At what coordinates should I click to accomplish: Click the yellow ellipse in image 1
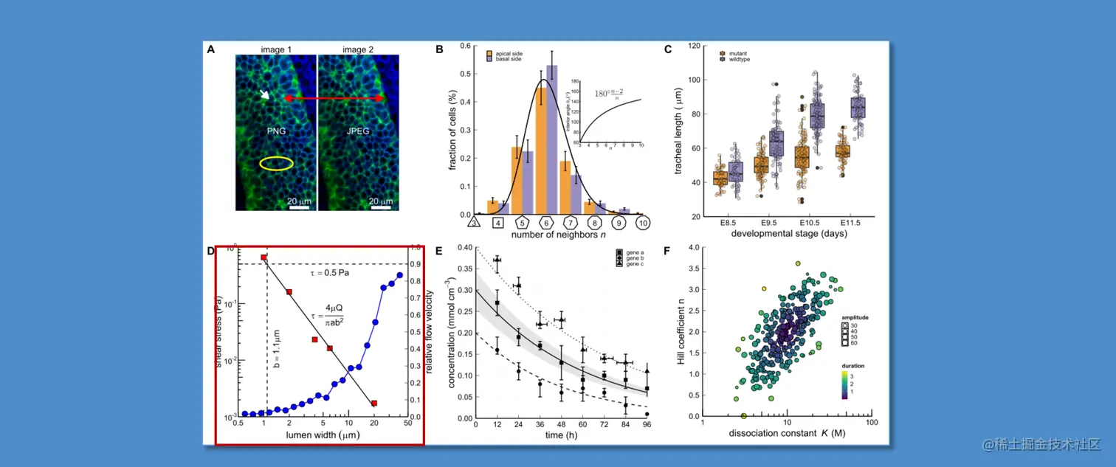[x=275, y=164]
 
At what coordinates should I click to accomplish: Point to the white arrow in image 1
[x=263, y=94]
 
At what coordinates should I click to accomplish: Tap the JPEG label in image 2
[x=358, y=133]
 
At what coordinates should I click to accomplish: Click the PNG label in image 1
[x=276, y=133]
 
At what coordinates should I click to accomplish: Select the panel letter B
[x=439, y=49]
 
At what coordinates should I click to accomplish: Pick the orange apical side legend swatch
[x=489, y=53]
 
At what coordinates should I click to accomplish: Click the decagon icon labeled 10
[x=643, y=221]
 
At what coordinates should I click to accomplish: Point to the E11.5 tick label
[x=852, y=222]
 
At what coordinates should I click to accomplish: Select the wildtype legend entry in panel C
[x=739, y=59]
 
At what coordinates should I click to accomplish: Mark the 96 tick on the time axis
[x=647, y=426]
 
